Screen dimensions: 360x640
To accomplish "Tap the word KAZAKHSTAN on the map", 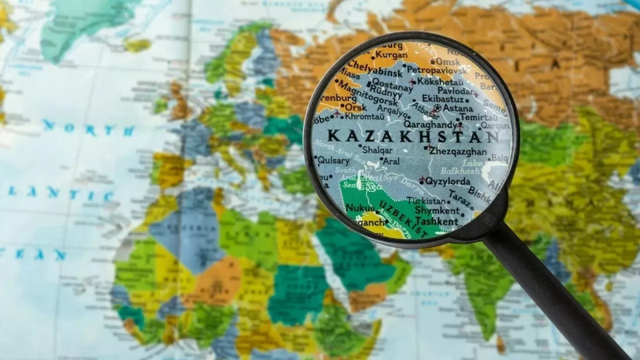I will click(413, 136).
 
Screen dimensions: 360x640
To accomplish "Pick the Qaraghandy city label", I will click(429, 124).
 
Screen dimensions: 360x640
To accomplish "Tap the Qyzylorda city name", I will click(447, 181).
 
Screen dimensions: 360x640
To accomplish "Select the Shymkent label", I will click(437, 211).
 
